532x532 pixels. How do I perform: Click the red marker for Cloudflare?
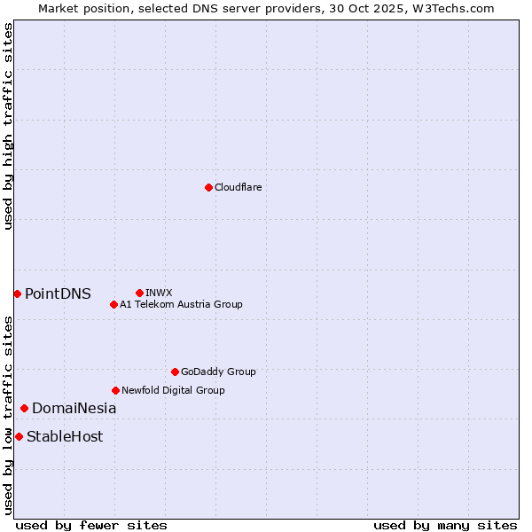point(208,187)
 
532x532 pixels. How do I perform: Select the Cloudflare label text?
point(238,187)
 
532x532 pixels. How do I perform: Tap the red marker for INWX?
point(139,293)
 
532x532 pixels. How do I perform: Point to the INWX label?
point(159,293)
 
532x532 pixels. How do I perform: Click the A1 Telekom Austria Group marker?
point(113,304)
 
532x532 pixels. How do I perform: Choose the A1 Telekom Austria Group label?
point(181,304)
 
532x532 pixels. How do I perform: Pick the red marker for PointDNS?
point(17,293)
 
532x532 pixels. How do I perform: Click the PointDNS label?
point(58,294)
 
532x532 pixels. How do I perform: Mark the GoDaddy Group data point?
point(175,372)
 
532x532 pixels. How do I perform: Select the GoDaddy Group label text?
point(217,372)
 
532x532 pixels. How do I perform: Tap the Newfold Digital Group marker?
point(115,390)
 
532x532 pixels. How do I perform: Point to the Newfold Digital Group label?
point(173,390)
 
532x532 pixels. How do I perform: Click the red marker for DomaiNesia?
point(24,408)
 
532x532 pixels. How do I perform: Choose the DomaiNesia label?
point(74,409)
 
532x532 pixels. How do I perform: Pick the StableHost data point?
point(19,436)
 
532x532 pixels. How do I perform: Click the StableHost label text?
point(65,436)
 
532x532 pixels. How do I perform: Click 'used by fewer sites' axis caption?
point(91,525)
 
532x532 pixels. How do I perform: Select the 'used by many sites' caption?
point(445,525)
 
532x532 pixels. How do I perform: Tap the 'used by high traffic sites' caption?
point(8,126)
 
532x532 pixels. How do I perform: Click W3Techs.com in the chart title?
point(452,8)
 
